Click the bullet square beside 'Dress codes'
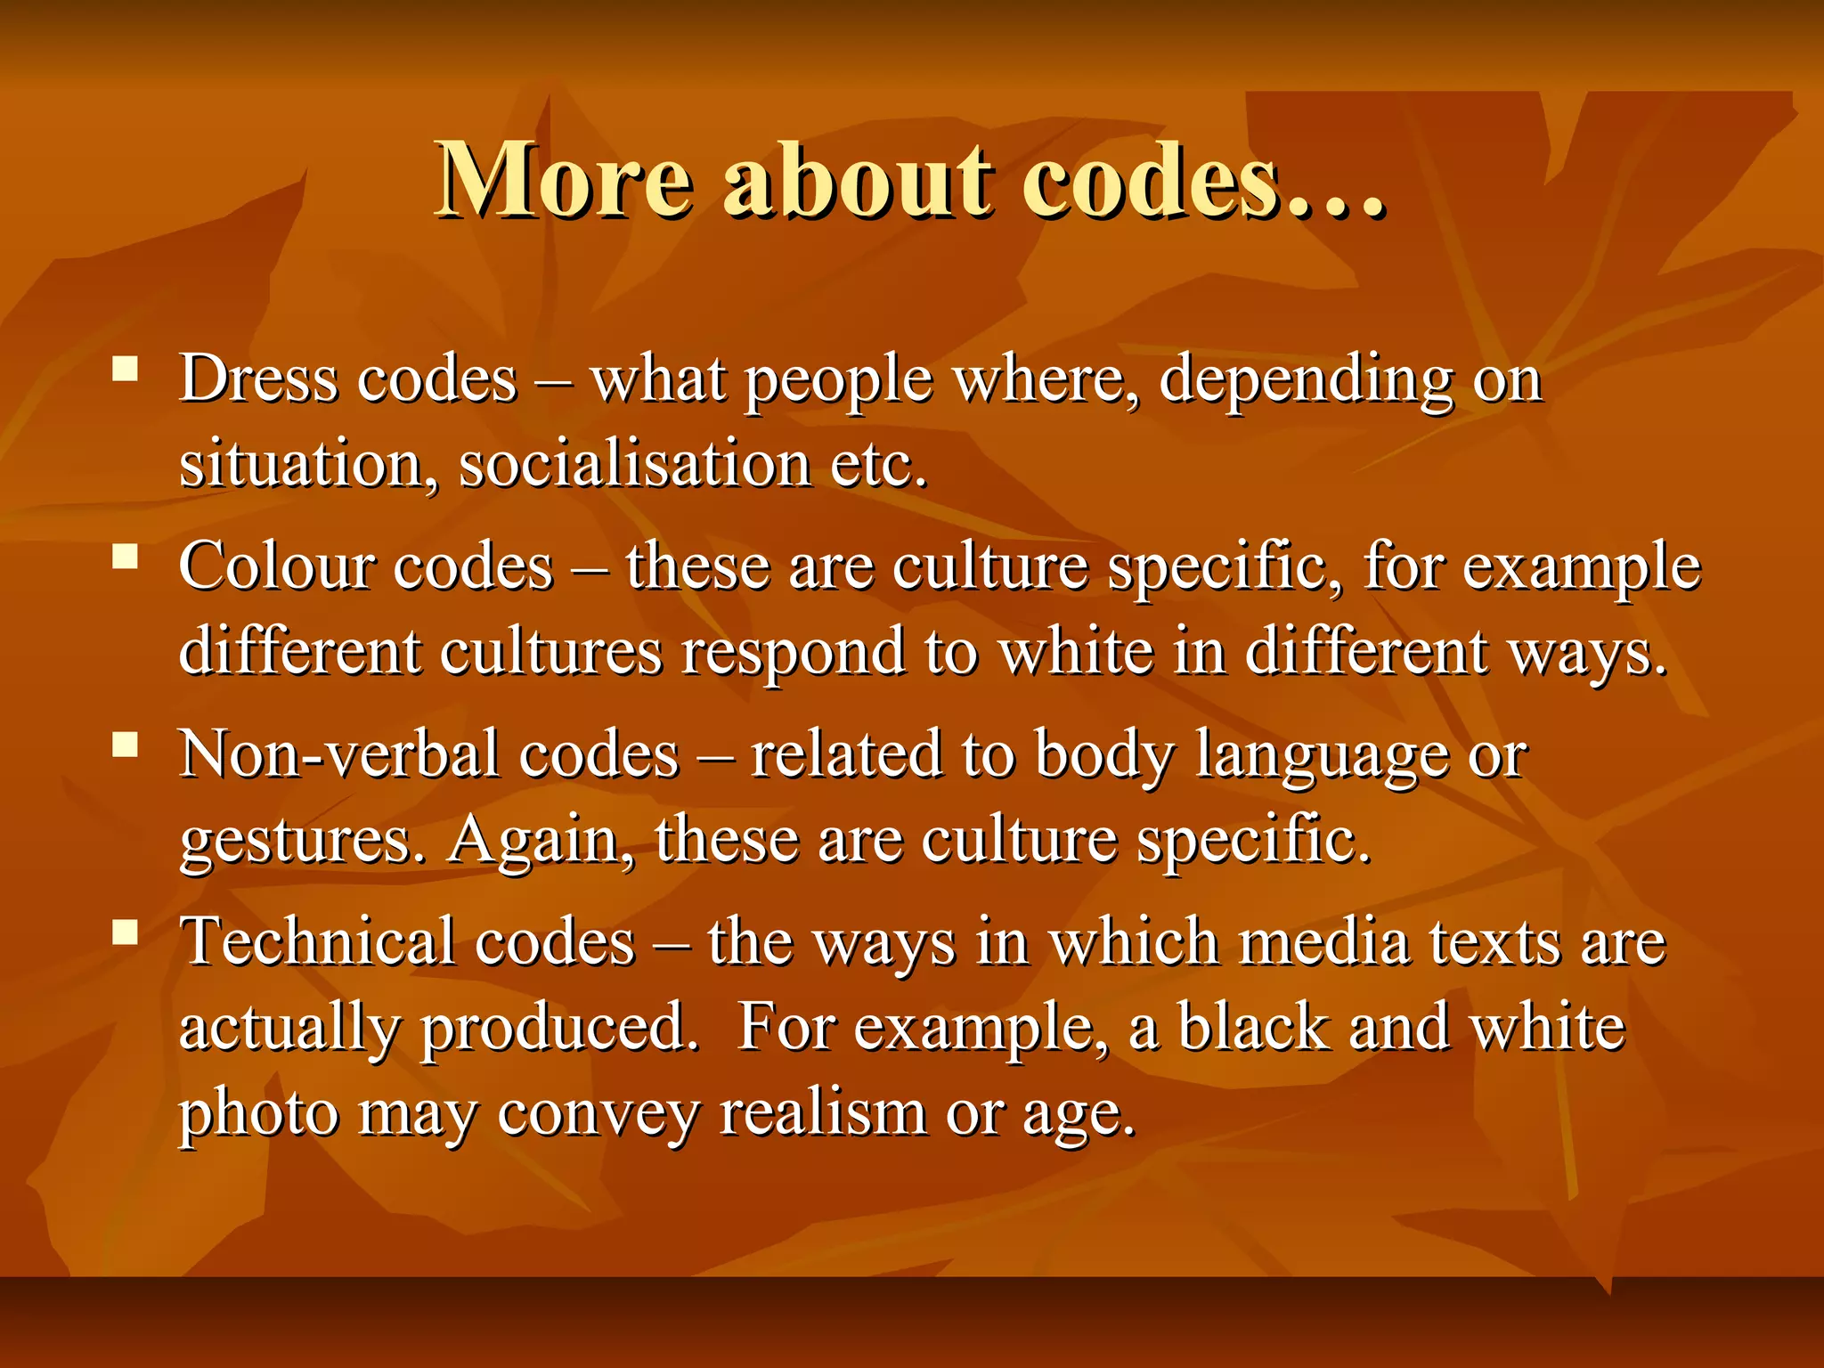pos(126,369)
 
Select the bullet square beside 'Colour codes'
pos(126,557)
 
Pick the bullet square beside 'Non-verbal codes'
pos(126,745)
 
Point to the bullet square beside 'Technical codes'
pos(126,932)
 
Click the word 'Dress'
pos(258,379)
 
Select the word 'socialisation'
pos(634,465)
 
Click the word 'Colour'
pos(276,567)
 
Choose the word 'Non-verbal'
pos(339,755)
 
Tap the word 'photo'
pos(259,1114)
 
